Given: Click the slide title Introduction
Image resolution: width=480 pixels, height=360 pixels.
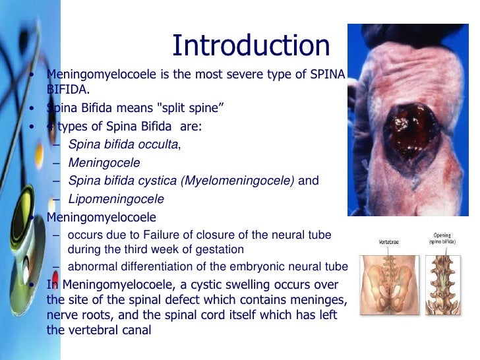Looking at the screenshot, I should (251, 45).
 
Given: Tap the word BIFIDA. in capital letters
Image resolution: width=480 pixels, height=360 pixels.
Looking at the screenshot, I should (68, 89).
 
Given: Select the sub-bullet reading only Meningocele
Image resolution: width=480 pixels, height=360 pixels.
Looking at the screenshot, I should (104, 162).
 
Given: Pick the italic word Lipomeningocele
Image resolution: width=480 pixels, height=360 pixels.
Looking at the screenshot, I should (116, 198).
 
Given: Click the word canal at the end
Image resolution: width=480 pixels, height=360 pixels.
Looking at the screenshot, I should (136, 330).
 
